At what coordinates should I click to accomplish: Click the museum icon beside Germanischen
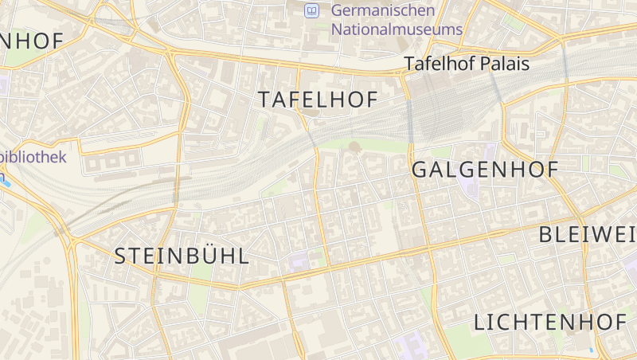(x=311, y=10)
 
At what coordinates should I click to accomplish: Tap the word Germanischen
(x=383, y=10)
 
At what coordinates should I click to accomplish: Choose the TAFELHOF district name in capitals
(x=317, y=100)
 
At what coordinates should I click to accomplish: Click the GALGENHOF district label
(x=484, y=169)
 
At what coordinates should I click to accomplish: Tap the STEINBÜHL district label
(x=182, y=256)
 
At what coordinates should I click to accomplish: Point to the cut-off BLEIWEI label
(x=588, y=234)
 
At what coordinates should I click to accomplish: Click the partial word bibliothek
(x=33, y=157)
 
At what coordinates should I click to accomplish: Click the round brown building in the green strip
(x=354, y=147)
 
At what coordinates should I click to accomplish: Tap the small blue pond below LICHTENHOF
(x=590, y=350)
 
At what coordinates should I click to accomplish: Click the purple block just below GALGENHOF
(x=471, y=188)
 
